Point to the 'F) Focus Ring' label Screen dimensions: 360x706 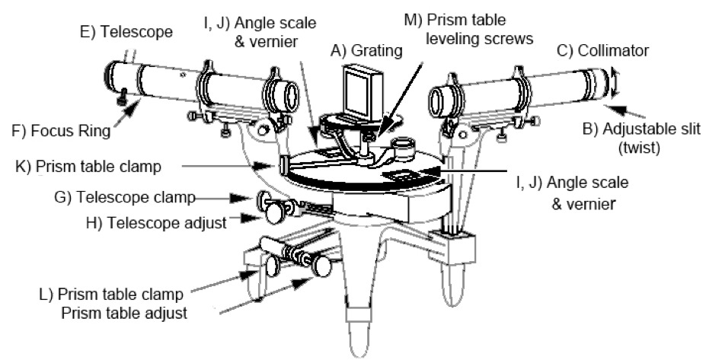pyautogui.click(x=59, y=129)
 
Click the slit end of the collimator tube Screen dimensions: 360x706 pyautogui.click(x=599, y=81)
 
